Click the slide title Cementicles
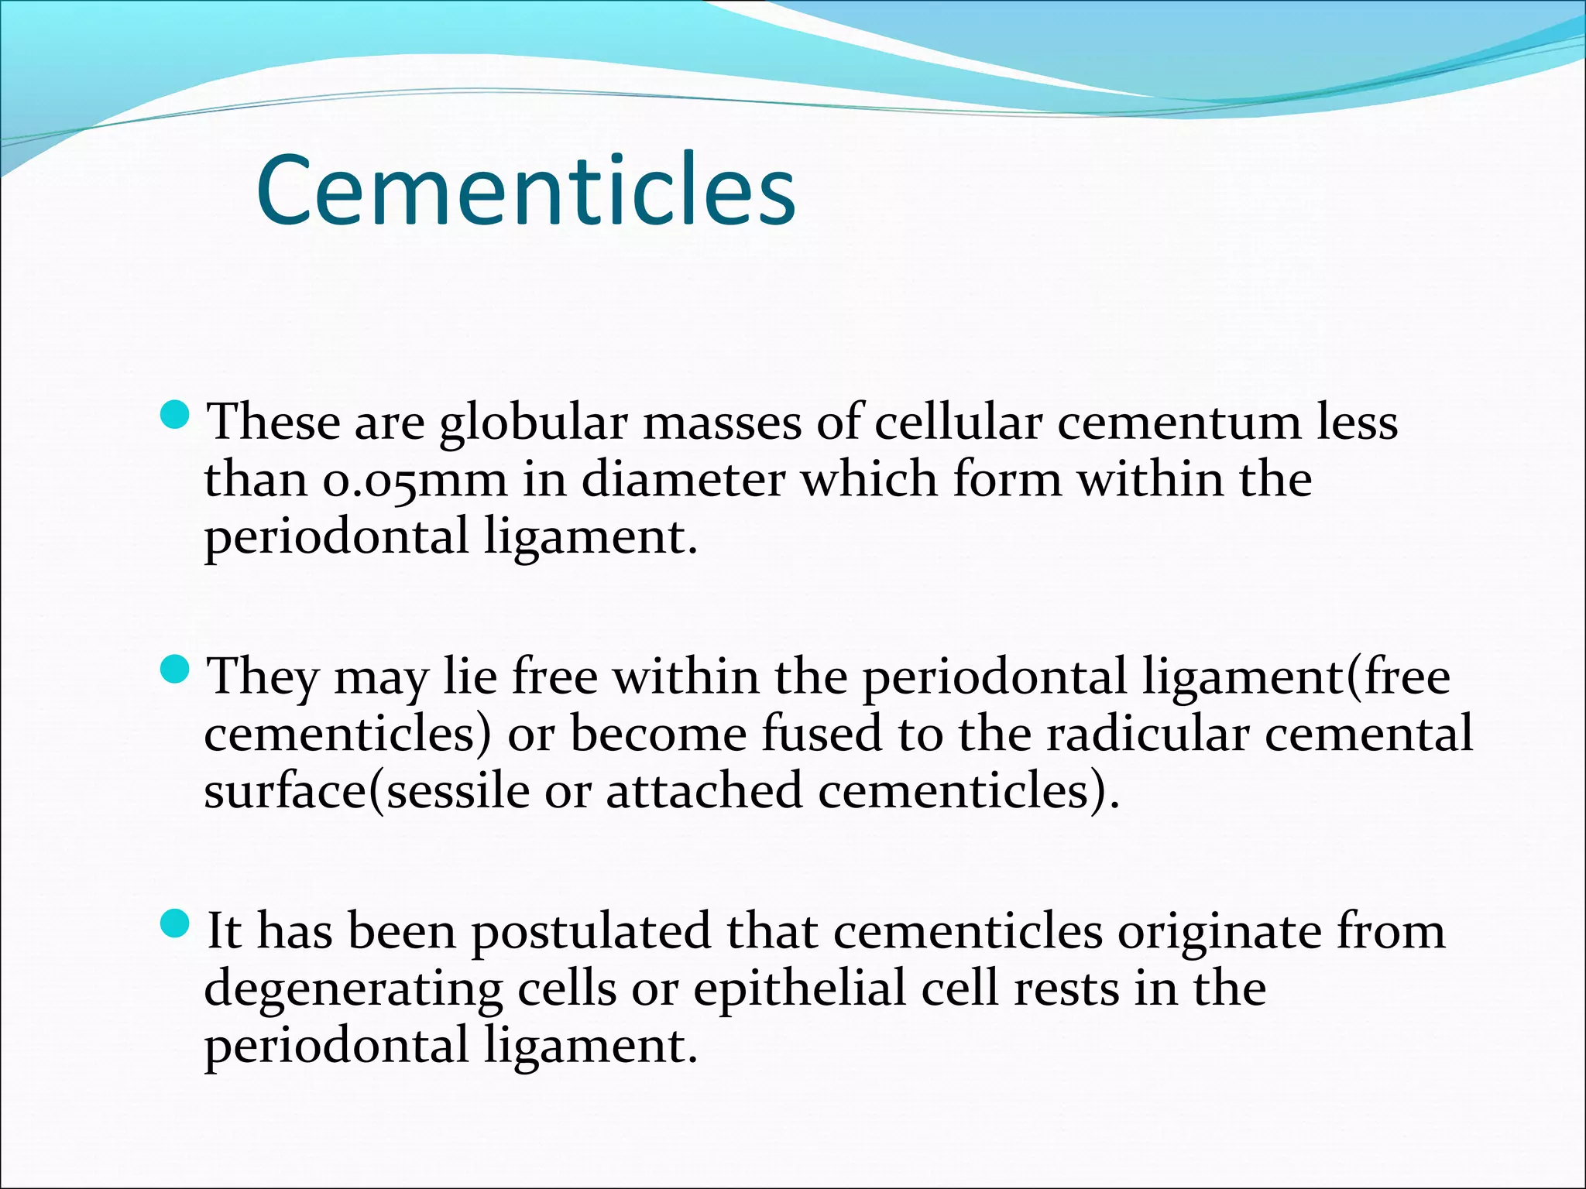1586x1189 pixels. point(526,191)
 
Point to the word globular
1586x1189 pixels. point(533,424)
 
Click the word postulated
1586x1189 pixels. point(590,932)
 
